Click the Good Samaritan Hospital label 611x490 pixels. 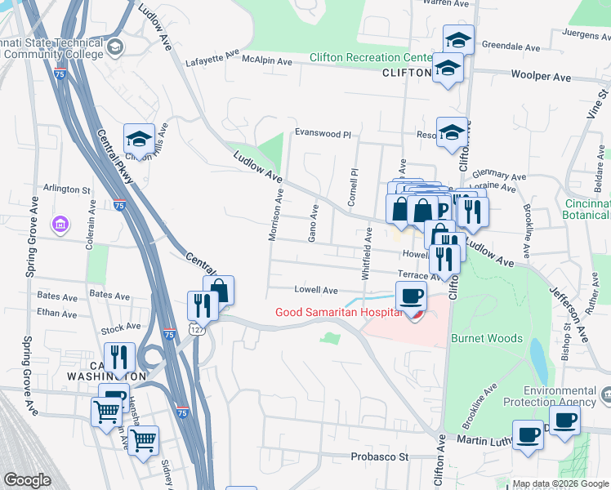pos(337,312)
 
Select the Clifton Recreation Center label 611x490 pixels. pos(370,58)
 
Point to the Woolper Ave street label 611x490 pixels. pos(541,76)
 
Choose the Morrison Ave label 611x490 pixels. pos(274,216)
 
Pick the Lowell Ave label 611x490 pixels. pos(315,290)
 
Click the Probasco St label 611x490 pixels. pos(379,457)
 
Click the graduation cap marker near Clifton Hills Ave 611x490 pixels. pos(139,139)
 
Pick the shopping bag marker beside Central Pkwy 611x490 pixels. pos(219,291)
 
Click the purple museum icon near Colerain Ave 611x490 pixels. pos(59,224)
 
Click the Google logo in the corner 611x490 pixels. pos(28,480)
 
